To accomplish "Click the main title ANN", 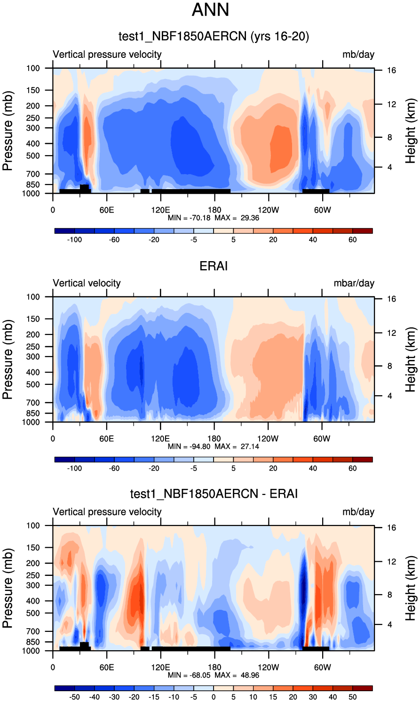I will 210,10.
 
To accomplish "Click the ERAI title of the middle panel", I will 214,266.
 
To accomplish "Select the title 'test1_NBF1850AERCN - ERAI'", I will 214,494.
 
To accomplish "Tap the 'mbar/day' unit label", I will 354,283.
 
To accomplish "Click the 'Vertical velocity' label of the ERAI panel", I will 87,283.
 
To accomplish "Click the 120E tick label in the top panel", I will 160,210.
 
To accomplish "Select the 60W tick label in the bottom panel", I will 322,667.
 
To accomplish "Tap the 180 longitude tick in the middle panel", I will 214,439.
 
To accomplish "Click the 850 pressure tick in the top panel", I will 33,185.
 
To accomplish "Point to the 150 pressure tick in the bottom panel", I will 33,548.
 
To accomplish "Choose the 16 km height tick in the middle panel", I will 391,299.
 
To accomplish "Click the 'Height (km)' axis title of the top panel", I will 411,131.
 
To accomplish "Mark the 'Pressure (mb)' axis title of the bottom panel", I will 8,588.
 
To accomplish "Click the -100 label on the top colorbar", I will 74,240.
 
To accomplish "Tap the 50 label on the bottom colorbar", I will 353,697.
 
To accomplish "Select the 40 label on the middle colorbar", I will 313,469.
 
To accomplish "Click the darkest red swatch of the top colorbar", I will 363,231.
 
